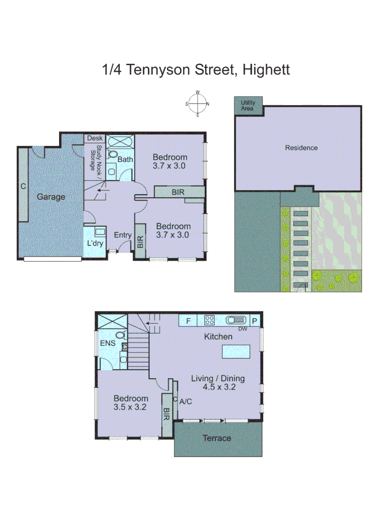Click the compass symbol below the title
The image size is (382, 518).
(x=197, y=104)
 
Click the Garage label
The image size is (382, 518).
(x=51, y=197)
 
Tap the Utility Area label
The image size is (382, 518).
(x=248, y=106)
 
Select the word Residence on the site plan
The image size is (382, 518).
(x=301, y=148)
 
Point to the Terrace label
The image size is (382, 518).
(x=216, y=438)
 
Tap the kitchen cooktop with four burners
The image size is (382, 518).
(x=210, y=319)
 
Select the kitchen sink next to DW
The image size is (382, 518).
(x=236, y=319)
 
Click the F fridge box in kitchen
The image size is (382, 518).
(x=188, y=320)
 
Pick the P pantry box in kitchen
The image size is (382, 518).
(x=255, y=320)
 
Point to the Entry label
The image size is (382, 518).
(x=122, y=235)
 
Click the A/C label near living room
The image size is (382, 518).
(x=185, y=401)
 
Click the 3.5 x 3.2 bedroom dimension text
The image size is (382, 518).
(x=130, y=407)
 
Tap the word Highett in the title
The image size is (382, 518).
(x=266, y=70)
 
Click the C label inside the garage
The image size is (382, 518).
(x=23, y=186)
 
